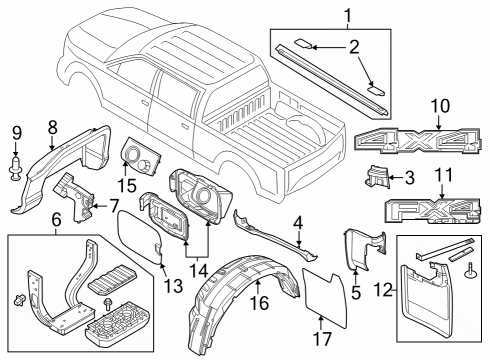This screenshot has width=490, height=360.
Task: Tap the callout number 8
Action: pyautogui.click(x=52, y=126)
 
